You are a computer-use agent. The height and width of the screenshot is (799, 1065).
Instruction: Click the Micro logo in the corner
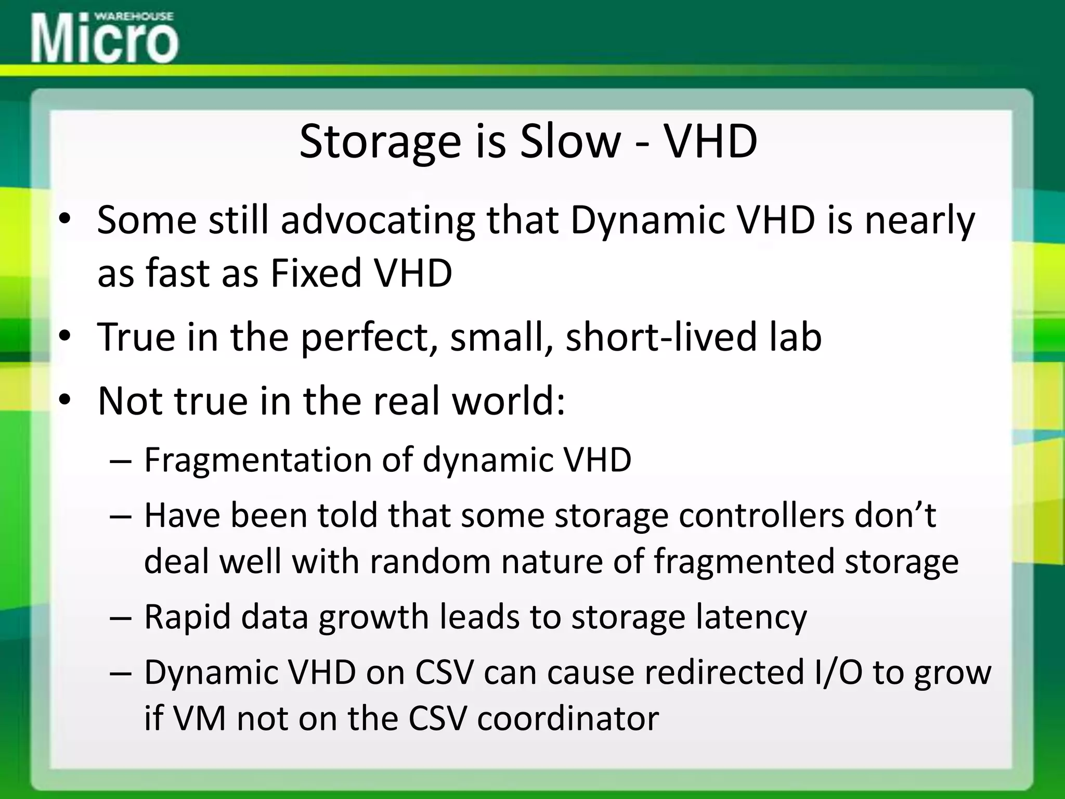click(105, 39)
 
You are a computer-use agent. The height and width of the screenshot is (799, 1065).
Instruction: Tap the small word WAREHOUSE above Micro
click(134, 16)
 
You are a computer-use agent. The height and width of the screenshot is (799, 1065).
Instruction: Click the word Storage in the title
click(380, 142)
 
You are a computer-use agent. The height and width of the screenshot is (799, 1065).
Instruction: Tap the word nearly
click(919, 222)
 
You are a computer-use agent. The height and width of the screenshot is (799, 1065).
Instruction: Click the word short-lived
click(660, 337)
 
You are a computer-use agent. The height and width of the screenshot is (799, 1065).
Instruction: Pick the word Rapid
click(187, 617)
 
